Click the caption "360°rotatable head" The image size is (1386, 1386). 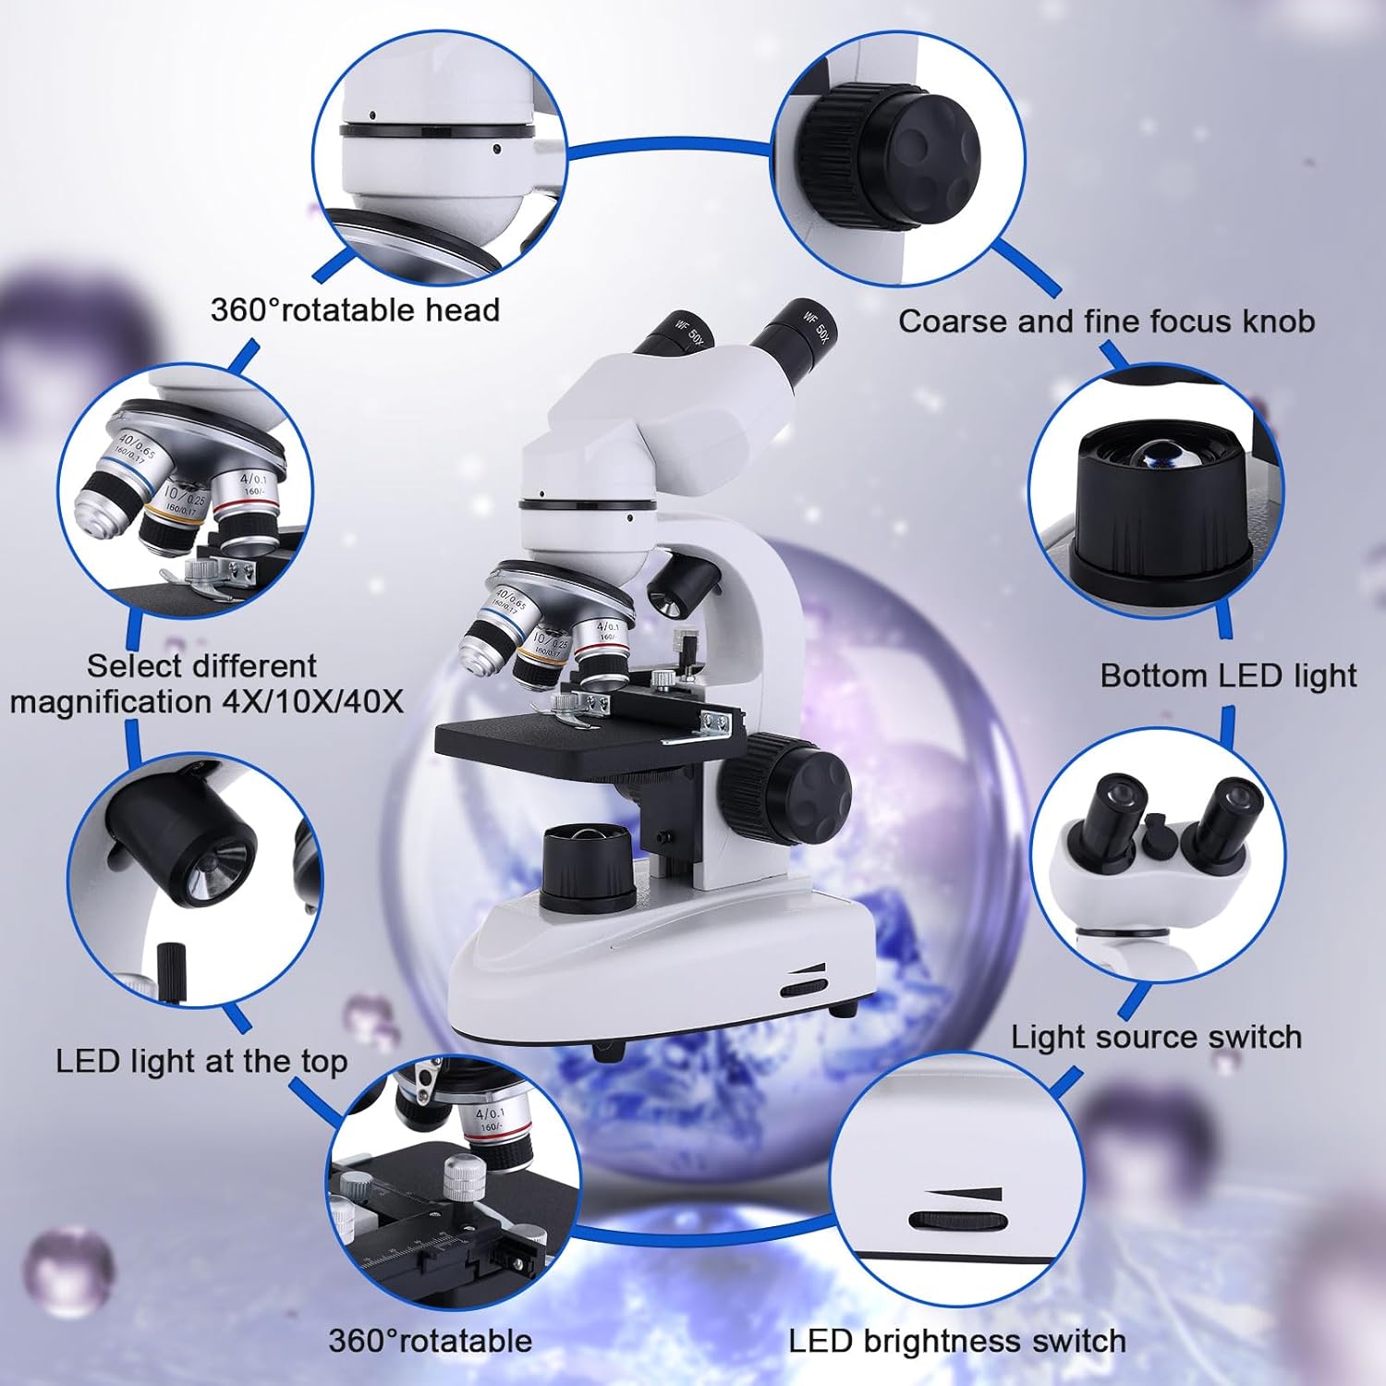355,310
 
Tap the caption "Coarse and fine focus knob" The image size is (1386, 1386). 1106,322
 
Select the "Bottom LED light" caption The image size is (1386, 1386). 1228,675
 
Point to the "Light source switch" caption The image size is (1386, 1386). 1156,1037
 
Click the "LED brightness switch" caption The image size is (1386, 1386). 957,1341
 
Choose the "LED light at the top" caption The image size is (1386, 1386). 201,1062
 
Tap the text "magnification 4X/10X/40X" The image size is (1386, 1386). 207,701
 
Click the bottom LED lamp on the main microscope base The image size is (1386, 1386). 589,859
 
